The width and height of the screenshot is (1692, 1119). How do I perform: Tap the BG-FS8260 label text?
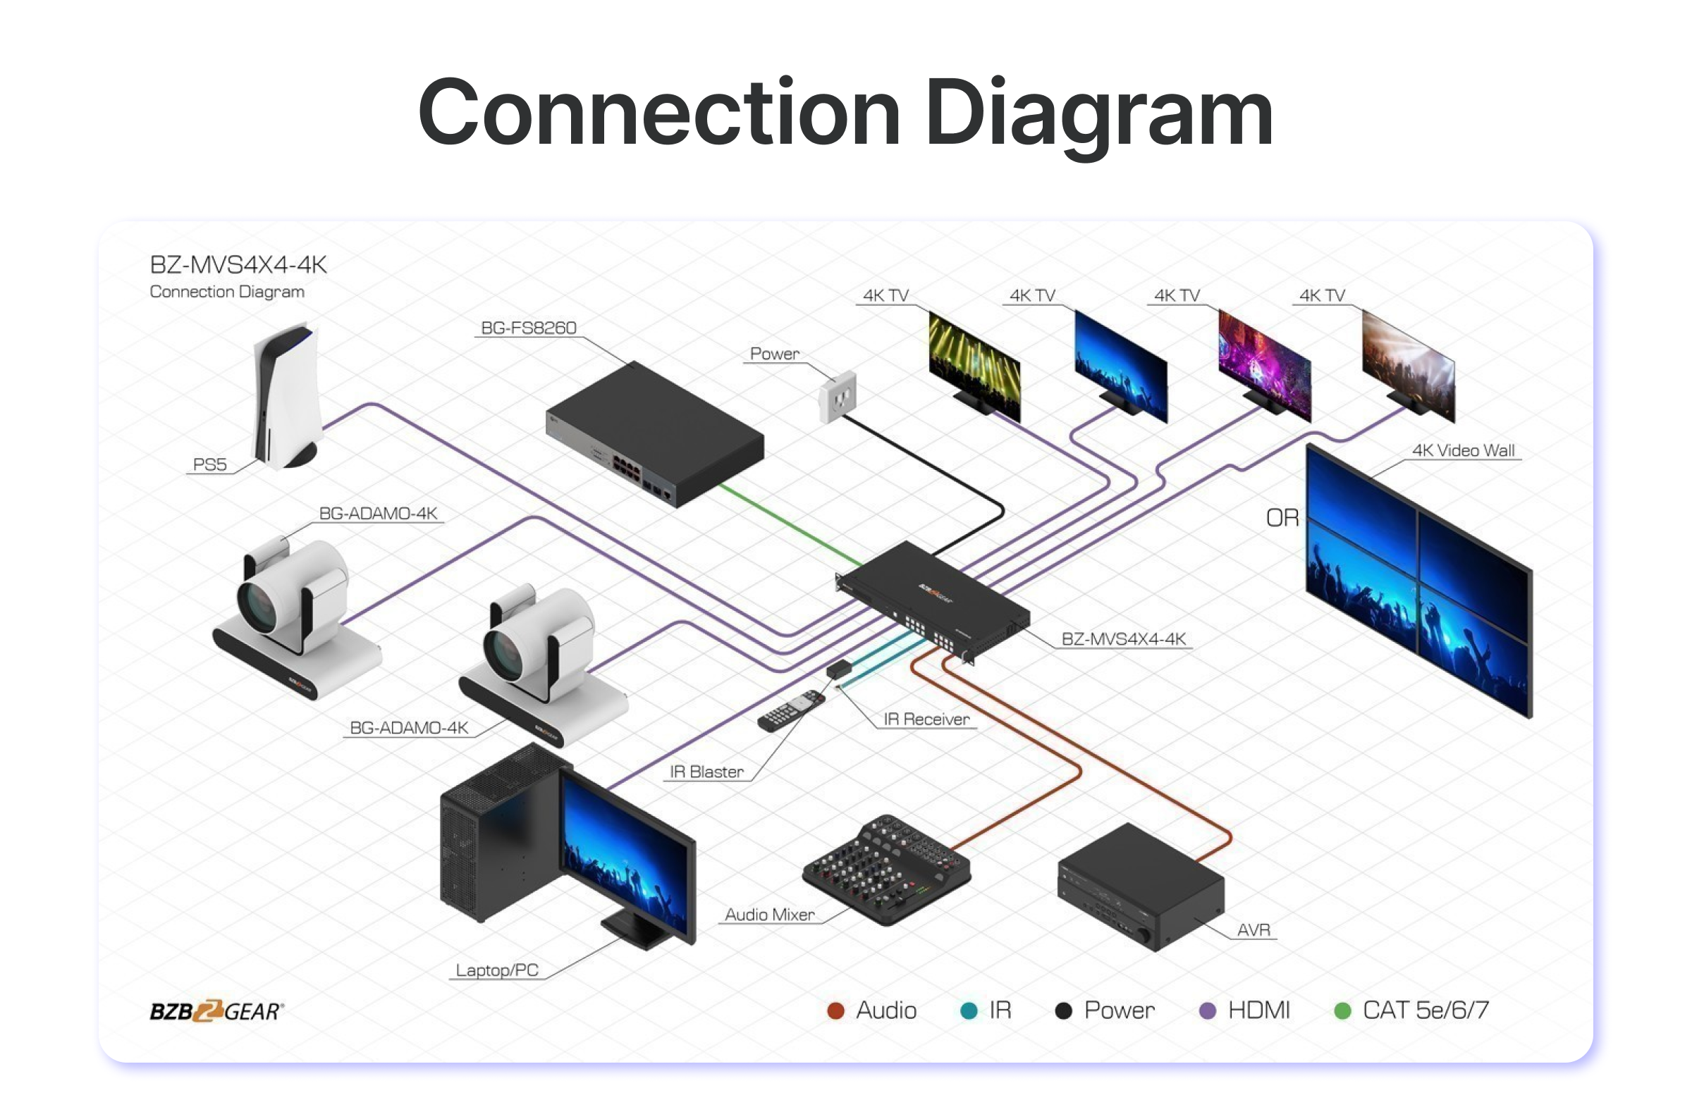(x=528, y=328)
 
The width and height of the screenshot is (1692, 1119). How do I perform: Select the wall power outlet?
(x=838, y=397)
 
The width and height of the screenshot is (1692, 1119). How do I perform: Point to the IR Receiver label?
(x=926, y=719)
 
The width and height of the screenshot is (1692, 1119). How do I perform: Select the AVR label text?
(x=1253, y=930)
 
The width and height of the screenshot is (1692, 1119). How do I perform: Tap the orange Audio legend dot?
(x=835, y=1010)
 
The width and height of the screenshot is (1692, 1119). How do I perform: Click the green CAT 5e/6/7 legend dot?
(x=1342, y=1010)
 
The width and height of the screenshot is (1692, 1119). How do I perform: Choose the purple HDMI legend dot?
(x=1207, y=1010)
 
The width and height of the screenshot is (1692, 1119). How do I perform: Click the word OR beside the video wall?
(x=1282, y=518)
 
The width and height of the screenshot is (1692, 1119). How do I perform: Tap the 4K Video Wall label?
(x=1463, y=451)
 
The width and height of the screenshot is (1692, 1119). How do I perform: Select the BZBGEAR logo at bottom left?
(x=216, y=1010)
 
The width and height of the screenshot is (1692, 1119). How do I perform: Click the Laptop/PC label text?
(x=497, y=970)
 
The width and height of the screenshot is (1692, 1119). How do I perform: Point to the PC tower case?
(x=493, y=835)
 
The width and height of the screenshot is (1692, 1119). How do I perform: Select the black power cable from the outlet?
(x=928, y=464)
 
